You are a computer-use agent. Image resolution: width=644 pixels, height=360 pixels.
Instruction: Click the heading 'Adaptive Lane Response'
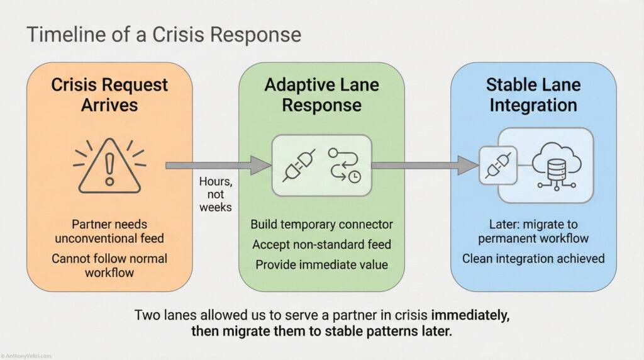click(321, 94)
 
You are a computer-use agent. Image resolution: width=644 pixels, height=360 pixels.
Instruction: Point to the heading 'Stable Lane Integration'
click(533, 94)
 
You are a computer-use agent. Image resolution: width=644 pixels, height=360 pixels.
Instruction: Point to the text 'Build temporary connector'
click(321, 224)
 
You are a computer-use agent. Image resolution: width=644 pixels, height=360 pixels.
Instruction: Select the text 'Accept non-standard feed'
click(321, 244)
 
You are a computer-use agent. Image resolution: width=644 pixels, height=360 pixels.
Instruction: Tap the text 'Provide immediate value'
click(321, 264)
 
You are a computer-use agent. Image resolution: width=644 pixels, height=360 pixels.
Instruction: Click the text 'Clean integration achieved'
click(533, 258)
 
